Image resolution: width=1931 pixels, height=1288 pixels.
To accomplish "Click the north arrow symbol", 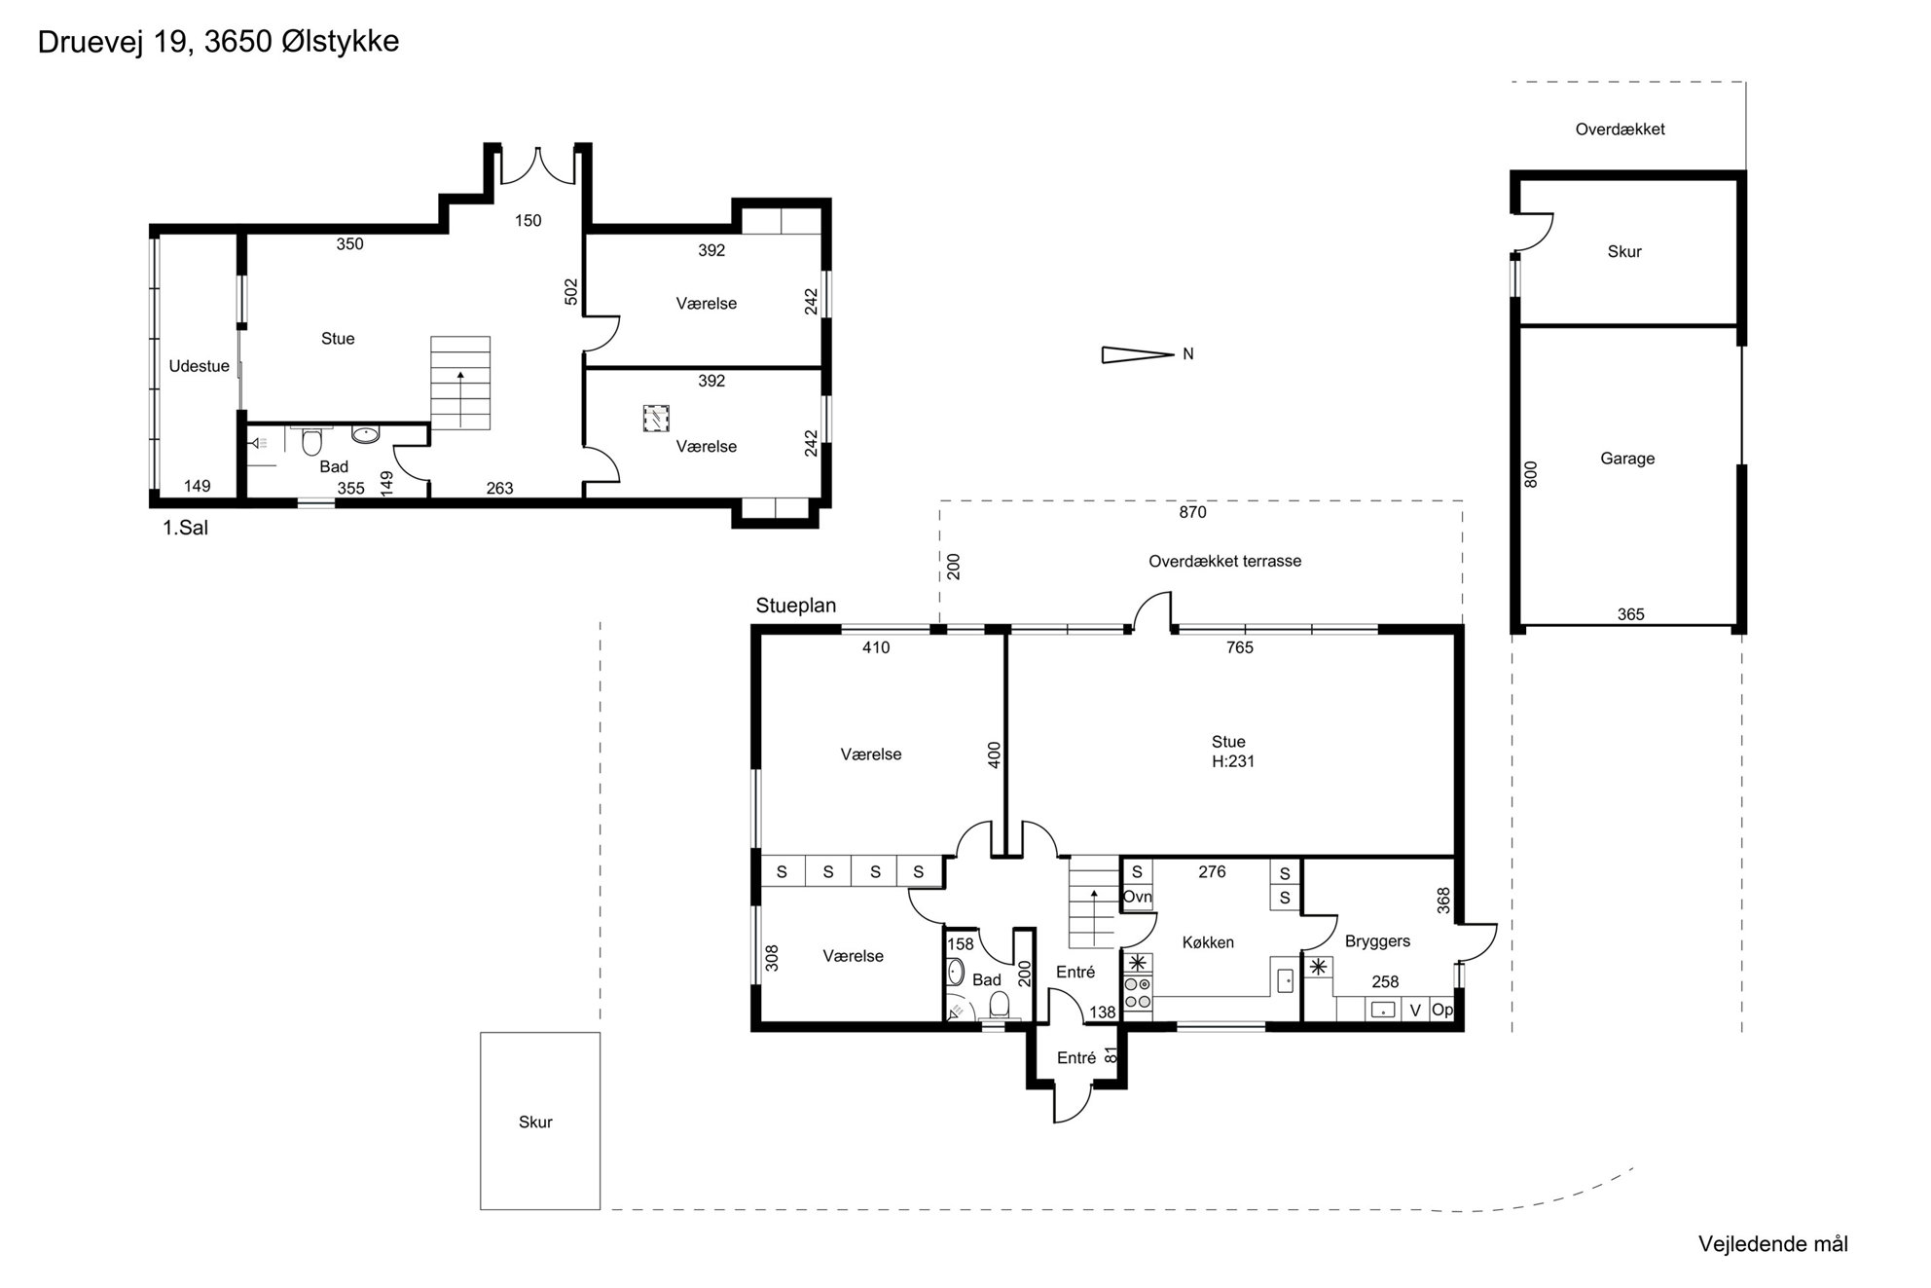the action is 1137,354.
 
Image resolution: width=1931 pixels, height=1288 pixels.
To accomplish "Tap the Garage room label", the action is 1627,459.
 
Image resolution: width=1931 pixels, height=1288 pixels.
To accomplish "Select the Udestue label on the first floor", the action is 200,366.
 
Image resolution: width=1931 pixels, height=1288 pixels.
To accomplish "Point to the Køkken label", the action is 1208,942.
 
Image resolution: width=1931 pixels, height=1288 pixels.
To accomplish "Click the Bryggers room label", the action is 1377,941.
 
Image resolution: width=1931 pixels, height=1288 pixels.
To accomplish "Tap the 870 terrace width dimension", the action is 1192,512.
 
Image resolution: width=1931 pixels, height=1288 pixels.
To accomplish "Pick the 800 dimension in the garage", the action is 1530,474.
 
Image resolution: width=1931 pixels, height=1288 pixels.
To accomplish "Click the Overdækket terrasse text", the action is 1224,562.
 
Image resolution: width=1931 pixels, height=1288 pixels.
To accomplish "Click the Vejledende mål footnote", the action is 1772,1244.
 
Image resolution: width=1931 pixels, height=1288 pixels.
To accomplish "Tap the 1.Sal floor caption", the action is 185,529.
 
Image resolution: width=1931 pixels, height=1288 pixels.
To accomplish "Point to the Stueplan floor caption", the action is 795,606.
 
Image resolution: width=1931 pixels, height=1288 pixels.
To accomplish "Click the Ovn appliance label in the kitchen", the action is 1137,897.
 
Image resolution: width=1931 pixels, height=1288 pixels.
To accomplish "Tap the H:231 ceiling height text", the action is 1233,761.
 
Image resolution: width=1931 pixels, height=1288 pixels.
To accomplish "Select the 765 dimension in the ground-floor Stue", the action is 1240,647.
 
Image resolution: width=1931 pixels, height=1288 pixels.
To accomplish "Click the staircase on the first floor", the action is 460,383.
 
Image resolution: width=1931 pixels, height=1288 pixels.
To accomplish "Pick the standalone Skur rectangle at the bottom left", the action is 540,1121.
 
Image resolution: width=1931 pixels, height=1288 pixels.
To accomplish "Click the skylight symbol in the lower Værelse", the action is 657,419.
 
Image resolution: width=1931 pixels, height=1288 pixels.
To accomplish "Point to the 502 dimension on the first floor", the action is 571,292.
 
